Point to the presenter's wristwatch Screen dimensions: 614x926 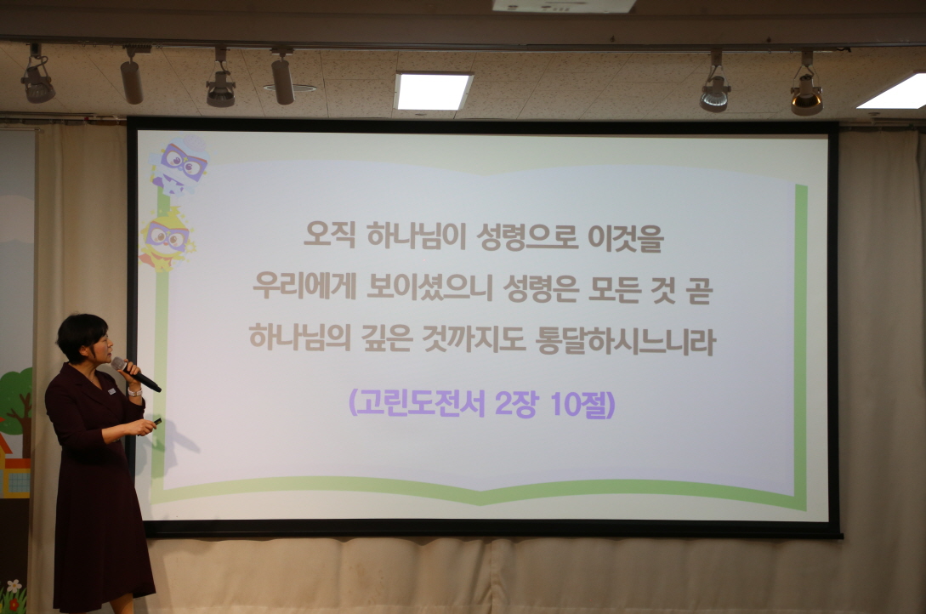pos(135,392)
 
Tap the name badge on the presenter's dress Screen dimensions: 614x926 pos(111,390)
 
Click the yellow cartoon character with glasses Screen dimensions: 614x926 pos(167,241)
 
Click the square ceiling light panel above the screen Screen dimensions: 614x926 pos(433,91)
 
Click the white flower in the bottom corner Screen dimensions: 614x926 pos(13,588)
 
